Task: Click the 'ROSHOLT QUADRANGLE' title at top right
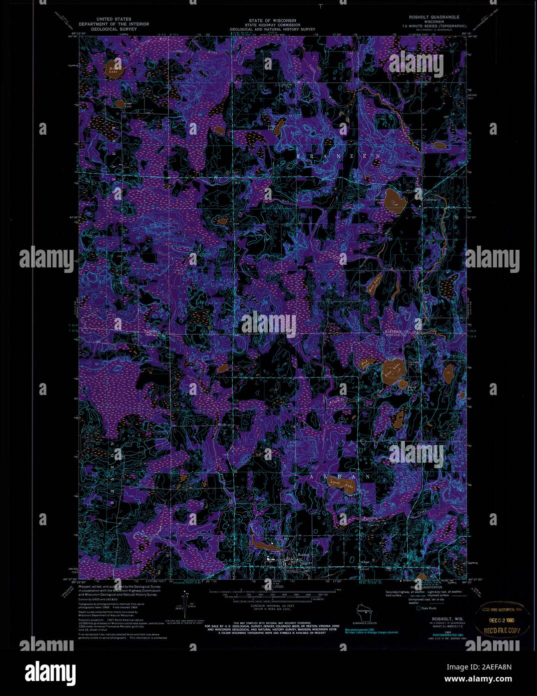pyautogui.click(x=434, y=17)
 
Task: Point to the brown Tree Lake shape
pyautogui.click(x=392, y=371)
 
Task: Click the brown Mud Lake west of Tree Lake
pyautogui.click(x=363, y=364)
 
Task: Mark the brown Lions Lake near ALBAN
pyautogui.click(x=341, y=486)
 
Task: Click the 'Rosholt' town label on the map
pyautogui.click(x=304, y=555)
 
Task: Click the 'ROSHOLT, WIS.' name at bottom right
pyautogui.click(x=441, y=619)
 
